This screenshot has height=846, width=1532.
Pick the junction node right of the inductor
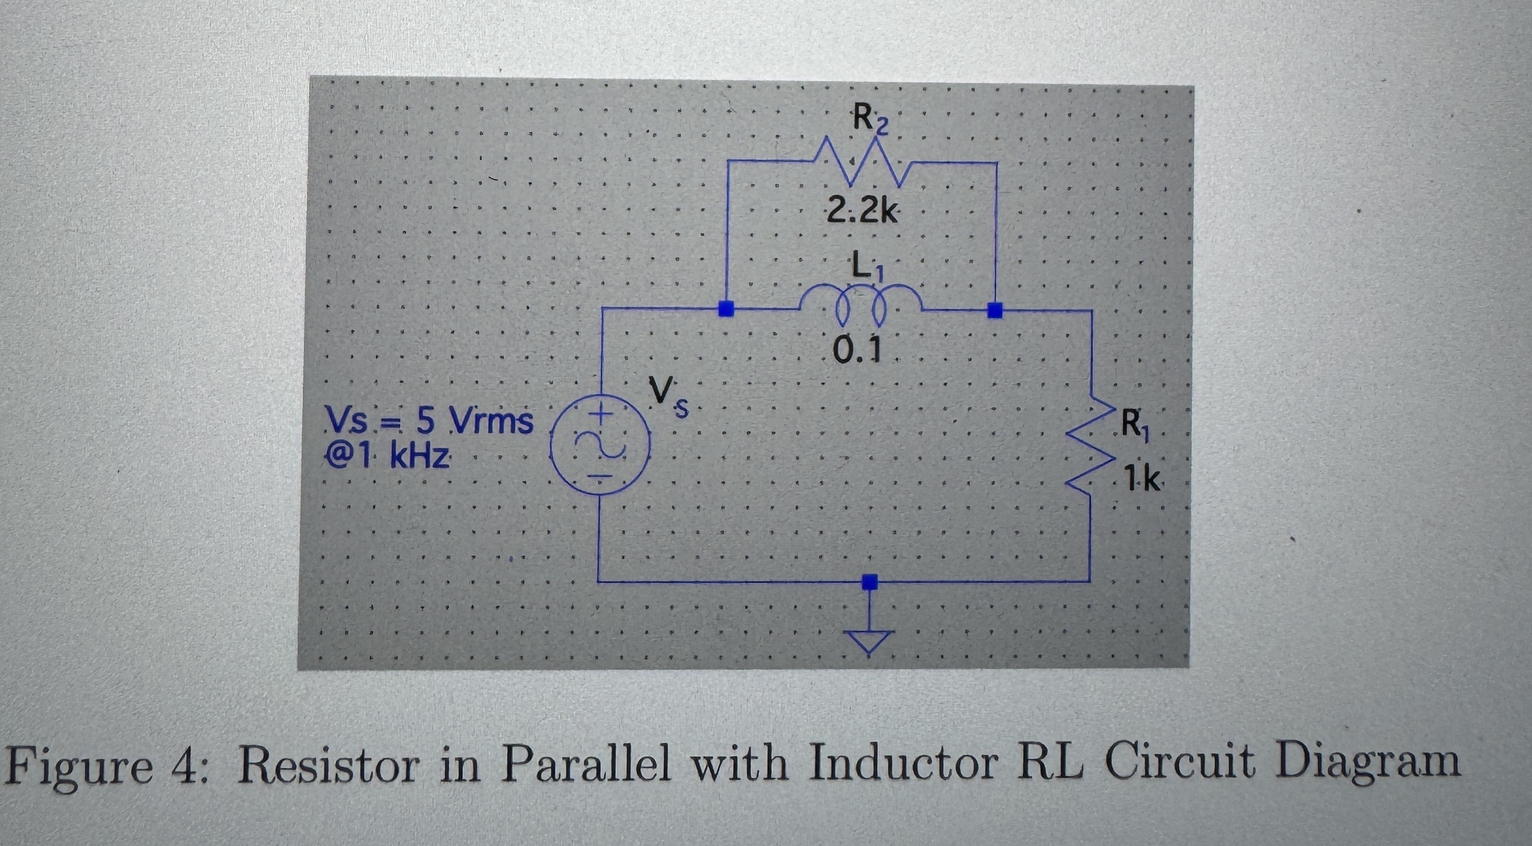pos(995,310)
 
